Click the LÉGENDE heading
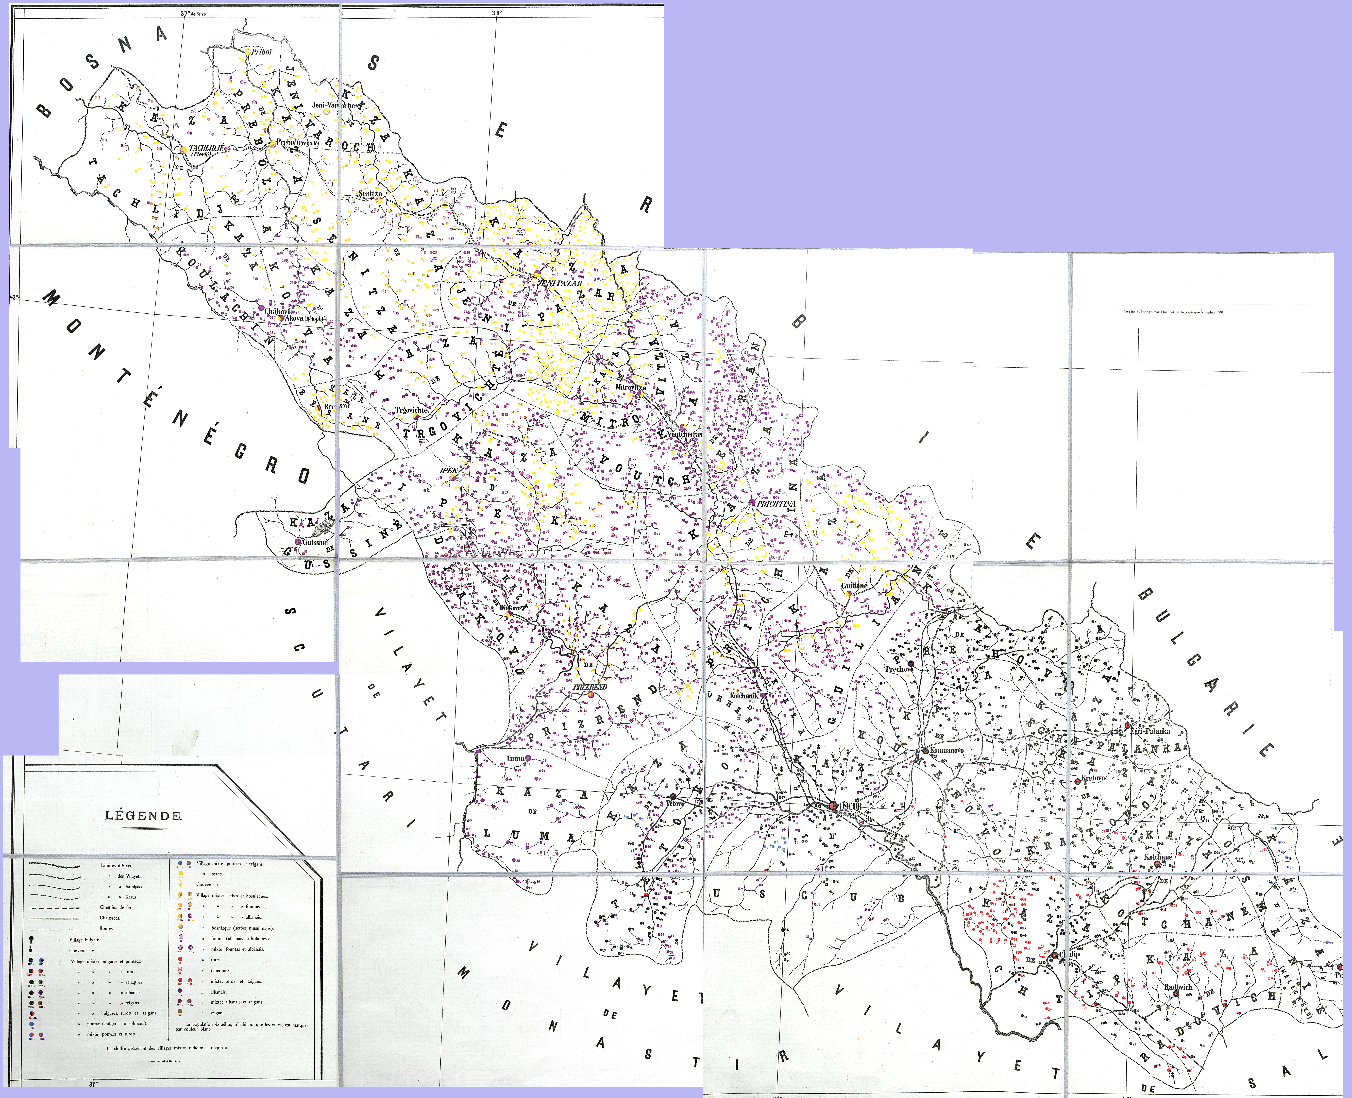coord(143,816)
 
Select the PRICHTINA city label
coord(776,504)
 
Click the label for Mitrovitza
coord(630,387)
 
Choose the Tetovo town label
coord(675,803)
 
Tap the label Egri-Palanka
coord(1150,731)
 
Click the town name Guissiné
coord(315,542)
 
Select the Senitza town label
coord(370,194)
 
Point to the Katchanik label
coord(744,696)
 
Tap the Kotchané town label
coord(1158,857)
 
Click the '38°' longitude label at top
coord(496,12)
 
